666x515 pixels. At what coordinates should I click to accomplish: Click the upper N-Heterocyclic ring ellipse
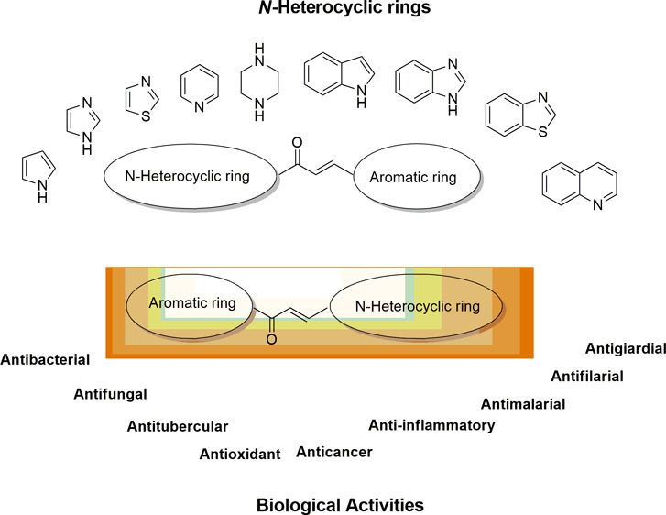(x=189, y=170)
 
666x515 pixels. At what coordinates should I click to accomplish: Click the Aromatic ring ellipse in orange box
(x=189, y=303)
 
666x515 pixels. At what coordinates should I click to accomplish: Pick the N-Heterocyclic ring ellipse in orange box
(x=416, y=304)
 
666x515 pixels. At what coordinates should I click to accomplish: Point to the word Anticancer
(x=334, y=451)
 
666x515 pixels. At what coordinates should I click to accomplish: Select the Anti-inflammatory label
(x=431, y=425)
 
